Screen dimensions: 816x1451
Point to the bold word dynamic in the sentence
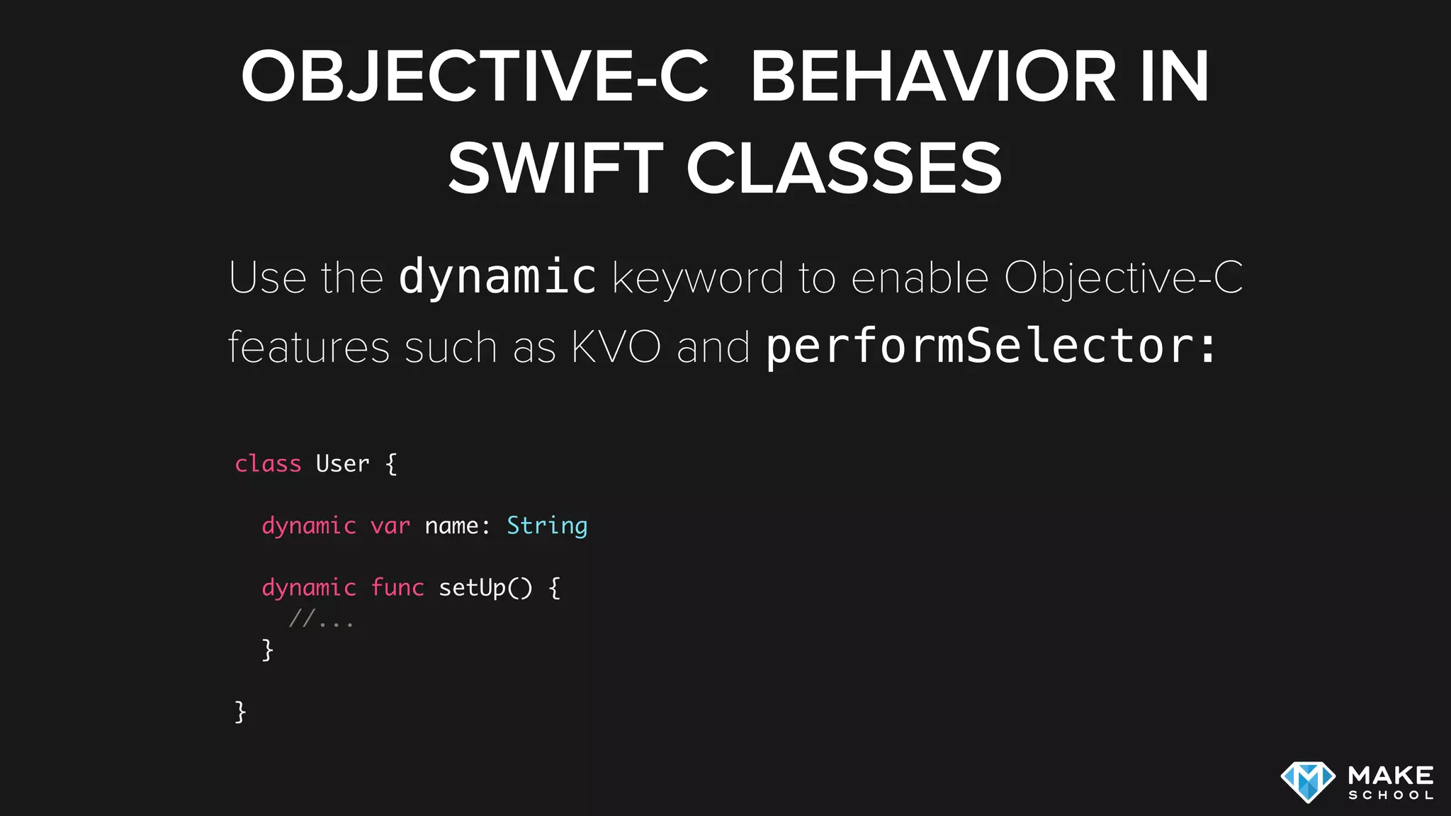pos(497,278)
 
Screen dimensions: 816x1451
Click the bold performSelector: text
pos(990,347)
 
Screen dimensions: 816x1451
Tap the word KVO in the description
pos(616,347)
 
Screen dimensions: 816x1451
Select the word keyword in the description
pos(698,278)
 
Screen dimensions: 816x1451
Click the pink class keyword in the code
pos(268,464)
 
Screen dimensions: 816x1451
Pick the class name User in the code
pos(342,464)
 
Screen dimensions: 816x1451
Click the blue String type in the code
pos(547,526)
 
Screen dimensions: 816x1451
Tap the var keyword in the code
pos(390,526)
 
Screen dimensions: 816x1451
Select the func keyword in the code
pos(397,588)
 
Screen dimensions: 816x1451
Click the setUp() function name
pos(485,588)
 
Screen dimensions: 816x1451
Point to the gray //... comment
pos(321,620)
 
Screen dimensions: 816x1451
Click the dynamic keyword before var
pos(309,526)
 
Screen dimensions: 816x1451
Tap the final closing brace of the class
pos(240,711)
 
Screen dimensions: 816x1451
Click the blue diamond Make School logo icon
pos(1308,782)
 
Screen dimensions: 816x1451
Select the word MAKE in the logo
pos(1391,775)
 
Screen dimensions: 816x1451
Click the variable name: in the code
pos(457,526)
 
